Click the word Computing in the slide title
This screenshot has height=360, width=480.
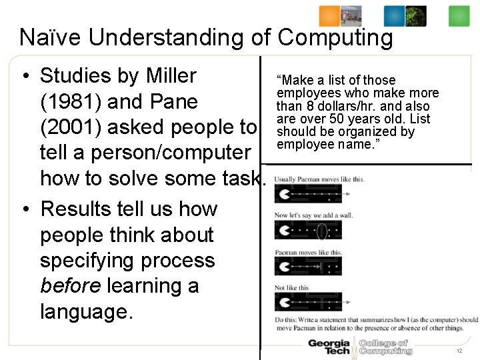(335, 38)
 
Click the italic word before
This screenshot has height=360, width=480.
(70, 285)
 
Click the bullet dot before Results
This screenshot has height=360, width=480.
(25, 209)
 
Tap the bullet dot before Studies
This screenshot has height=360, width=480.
(25, 77)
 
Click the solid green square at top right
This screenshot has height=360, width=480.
(459, 16)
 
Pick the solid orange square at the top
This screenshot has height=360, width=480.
(329, 16)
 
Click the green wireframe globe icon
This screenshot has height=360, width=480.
(416, 16)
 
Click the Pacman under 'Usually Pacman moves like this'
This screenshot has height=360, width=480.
(284, 194)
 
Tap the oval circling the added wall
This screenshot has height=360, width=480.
(321, 231)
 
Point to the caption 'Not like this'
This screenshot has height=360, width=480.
(292, 288)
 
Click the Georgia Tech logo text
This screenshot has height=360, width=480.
(328, 347)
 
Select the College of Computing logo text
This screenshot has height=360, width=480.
(385, 347)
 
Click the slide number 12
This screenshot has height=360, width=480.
(459, 351)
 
